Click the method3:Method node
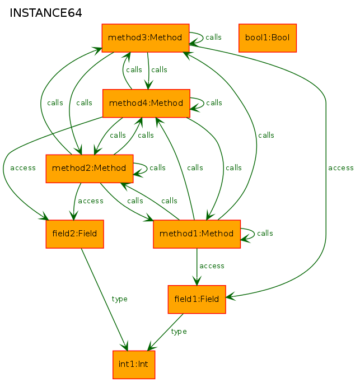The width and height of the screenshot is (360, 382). click(x=146, y=38)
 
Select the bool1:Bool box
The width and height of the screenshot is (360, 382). click(x=268, y=38)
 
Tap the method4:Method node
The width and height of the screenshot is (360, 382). click(x=146, y=103)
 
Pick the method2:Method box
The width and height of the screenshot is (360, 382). click(x=90, y=169)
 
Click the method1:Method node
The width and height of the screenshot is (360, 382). click(x=197, y=234)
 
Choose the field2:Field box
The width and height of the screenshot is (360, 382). click(x=75, y=234)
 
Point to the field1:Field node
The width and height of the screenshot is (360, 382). click(x=197, y=300)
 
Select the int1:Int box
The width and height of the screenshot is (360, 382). click(x=134, y=365)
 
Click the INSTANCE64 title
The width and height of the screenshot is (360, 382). click(x=45, y=13)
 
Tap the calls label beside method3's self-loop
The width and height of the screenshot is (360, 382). click(x=213, y=38)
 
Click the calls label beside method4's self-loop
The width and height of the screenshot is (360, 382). click(x=214, y=103)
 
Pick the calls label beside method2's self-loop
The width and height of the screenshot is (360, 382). click(x=157, y=168)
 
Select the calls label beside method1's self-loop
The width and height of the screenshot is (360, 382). click(x=265, y=234)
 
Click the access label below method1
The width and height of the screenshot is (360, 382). click(x=212, y=266)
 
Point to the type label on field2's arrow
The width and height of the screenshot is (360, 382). click(x=119, y=299)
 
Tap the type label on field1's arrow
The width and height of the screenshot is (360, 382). click(x=179, y=332)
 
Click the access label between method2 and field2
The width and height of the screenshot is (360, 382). click(x=91, y=201)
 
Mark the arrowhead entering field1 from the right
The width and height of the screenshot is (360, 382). click(x=230, y=296)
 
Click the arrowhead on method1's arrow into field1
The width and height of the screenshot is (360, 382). click(x=197, y=281)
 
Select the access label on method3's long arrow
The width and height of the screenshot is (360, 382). click(x=341, y=168)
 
